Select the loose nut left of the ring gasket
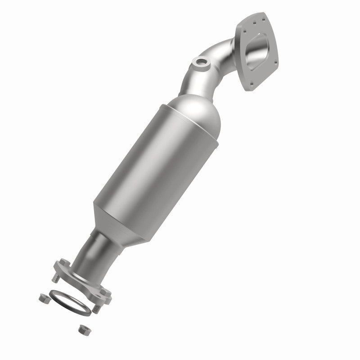coord(44,297)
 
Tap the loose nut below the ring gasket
coord(82,329)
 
